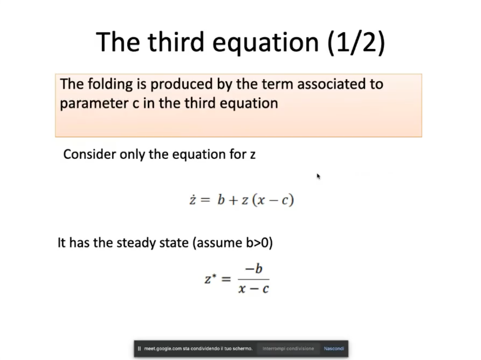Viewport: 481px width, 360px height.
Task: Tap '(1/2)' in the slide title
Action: [x=356, y=43]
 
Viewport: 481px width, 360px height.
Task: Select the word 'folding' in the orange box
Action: [x=110, y=84]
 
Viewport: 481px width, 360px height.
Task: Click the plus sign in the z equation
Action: [x=233, y=200]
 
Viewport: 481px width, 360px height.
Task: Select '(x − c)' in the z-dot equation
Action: [x=273, y=200]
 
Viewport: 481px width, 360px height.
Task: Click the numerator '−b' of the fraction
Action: [x=254, y=269]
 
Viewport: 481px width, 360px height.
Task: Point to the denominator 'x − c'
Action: [x=254, y=289]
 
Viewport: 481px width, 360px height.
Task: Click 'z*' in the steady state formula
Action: [x=211, y=278]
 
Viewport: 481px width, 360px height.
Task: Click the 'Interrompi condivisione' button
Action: [x=288, y=349]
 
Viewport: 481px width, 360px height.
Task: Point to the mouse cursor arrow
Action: [x=318, y=176]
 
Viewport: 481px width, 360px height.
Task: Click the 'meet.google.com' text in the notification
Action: [x=162, y=349]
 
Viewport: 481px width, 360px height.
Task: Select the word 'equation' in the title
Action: [x=266, y=43]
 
